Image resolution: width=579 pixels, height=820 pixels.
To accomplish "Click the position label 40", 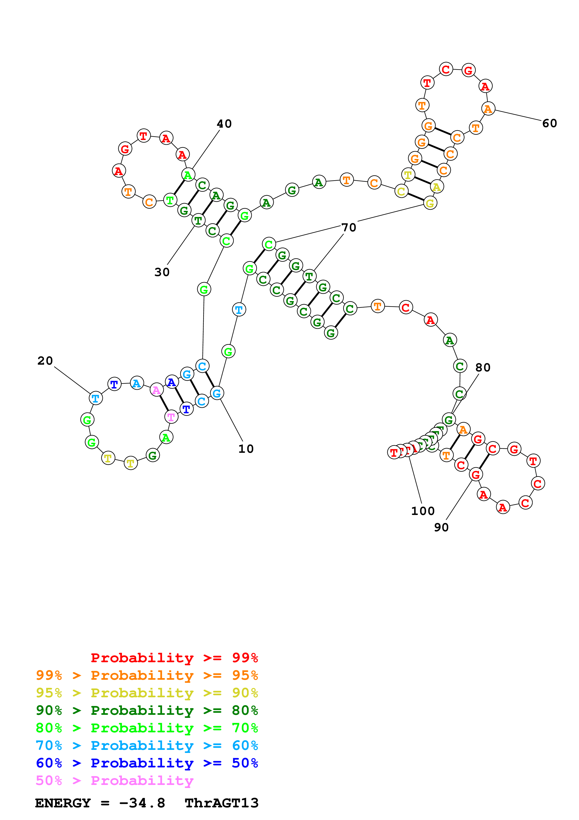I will pos(224,124).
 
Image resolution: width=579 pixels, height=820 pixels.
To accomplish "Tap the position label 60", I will pos(549,123).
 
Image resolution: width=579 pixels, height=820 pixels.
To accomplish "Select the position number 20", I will pos(45,361).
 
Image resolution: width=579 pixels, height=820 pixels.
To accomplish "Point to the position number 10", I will pos(246,449).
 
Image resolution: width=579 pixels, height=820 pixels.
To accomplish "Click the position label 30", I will pos(162,272).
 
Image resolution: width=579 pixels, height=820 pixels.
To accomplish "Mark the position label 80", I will pos(483,367).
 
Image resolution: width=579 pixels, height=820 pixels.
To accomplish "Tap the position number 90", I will pos(441,527).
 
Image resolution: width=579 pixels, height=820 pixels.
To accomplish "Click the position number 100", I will pos(423,511).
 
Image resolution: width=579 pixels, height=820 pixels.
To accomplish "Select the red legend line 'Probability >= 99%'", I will pos(174,658).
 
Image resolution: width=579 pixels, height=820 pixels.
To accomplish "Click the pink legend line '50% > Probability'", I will pos(114,780).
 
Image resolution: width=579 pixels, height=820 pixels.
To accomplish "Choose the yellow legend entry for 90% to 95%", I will pos(147,693).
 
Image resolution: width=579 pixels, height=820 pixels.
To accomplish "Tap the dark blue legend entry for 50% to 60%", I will pos(147,763).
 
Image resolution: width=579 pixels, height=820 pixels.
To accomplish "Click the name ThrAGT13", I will pos(222,803).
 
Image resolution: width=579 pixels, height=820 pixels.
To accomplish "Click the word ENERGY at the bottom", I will pos(63,803).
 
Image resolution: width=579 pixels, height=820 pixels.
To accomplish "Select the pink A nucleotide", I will pos(156,390).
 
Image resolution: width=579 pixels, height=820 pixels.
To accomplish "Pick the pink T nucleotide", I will pos(171,417).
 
